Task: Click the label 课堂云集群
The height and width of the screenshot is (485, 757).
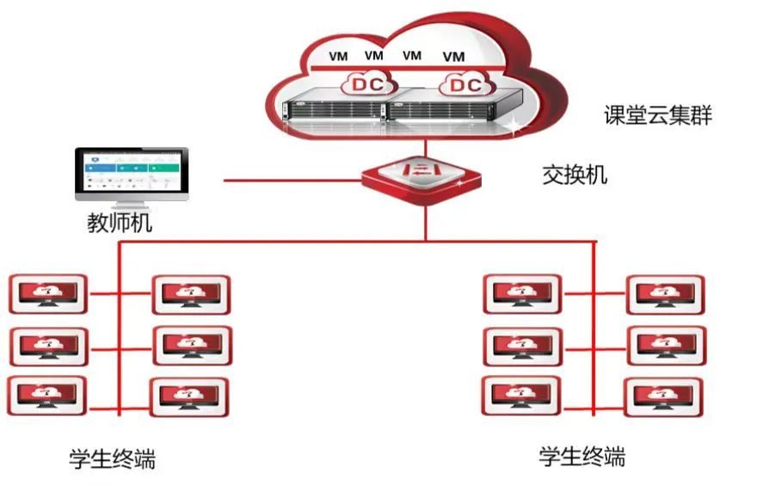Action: click(658, 115)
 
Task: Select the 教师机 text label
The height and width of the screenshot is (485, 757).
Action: click(120, 224)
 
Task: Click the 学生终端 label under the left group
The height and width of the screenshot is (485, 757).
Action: click(113, 457)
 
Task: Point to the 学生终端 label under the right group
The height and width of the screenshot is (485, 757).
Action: click(582, 455)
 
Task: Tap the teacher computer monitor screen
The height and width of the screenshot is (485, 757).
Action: click(132, 172)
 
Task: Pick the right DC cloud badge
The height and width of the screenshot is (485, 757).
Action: click(465, 85)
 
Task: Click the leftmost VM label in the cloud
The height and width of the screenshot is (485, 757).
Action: click(339, 57)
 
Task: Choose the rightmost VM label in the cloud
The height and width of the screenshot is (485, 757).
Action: click(453, 57)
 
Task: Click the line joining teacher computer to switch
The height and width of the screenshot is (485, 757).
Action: click(292, 180)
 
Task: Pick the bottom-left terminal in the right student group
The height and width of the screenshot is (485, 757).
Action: click(520, 396)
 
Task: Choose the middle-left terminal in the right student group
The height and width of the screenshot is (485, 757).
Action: click(520, 346)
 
